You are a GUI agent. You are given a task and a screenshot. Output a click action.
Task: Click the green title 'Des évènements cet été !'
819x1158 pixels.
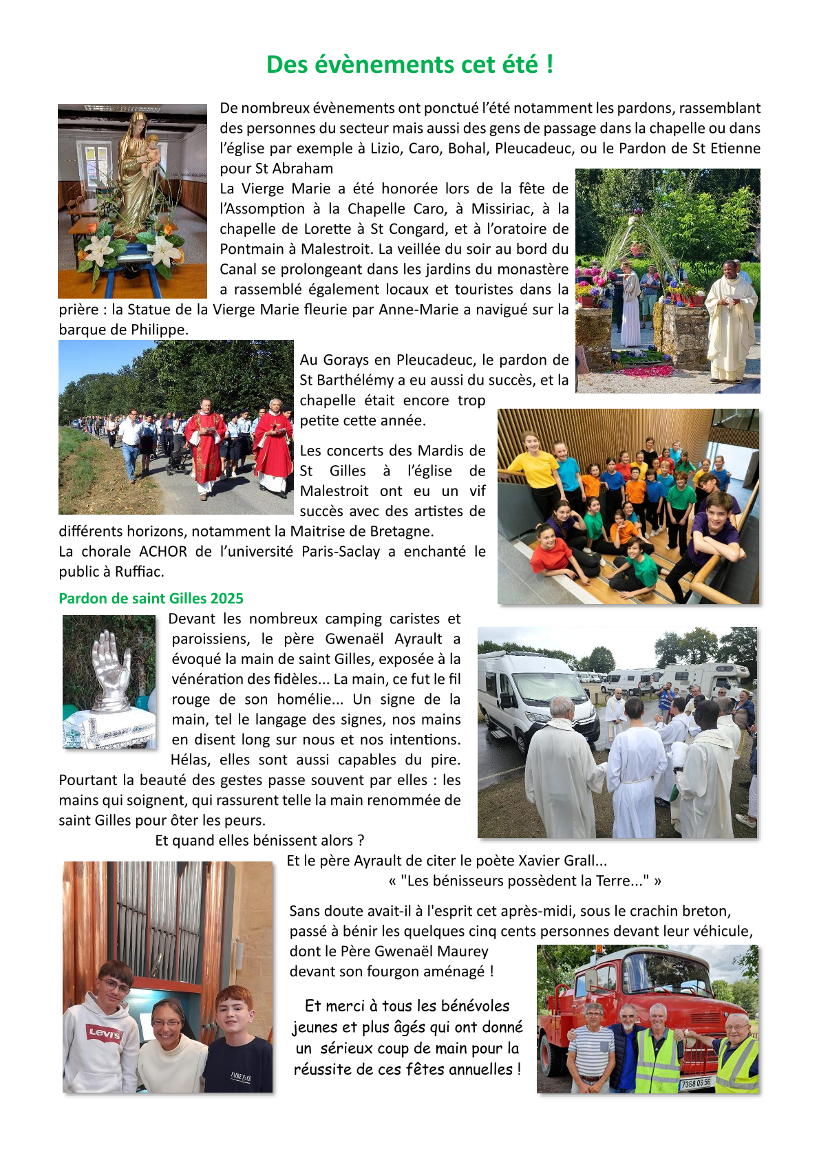(x=409, y=65)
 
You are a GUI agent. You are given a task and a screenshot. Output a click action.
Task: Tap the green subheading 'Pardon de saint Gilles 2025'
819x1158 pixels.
(x=151, y=599)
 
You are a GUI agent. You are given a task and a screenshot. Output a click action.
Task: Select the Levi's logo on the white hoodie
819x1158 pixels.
(x=104, y=1032)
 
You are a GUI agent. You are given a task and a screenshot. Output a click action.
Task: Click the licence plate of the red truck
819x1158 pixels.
(x=695, y=1083)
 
